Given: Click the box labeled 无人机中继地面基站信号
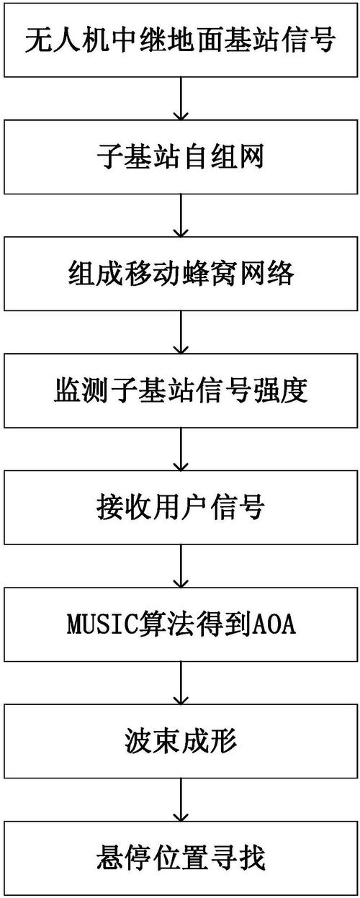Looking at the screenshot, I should point(180,40).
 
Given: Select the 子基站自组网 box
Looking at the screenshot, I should point(180,156).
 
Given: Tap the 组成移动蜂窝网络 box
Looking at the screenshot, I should point(180,274).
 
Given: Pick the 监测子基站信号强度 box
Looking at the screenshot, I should point(180,391).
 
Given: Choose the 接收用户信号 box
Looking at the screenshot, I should point(180,508).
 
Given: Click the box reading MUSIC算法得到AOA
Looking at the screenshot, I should point(180,625).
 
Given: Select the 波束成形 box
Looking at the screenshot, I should point(180,742).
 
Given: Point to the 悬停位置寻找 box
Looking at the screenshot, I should point(180,858).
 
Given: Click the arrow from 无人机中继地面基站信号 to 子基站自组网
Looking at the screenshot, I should point(180,98).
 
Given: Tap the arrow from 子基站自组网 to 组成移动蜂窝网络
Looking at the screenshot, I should point(180,215).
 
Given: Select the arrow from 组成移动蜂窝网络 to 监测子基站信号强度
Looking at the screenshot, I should point(180,332).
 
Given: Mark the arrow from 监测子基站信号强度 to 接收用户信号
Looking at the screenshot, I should point(180,449).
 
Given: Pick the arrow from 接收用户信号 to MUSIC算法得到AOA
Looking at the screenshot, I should point(180,566).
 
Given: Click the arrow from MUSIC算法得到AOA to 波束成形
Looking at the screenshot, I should point(180,683).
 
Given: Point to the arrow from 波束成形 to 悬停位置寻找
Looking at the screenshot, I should point(180,800).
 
